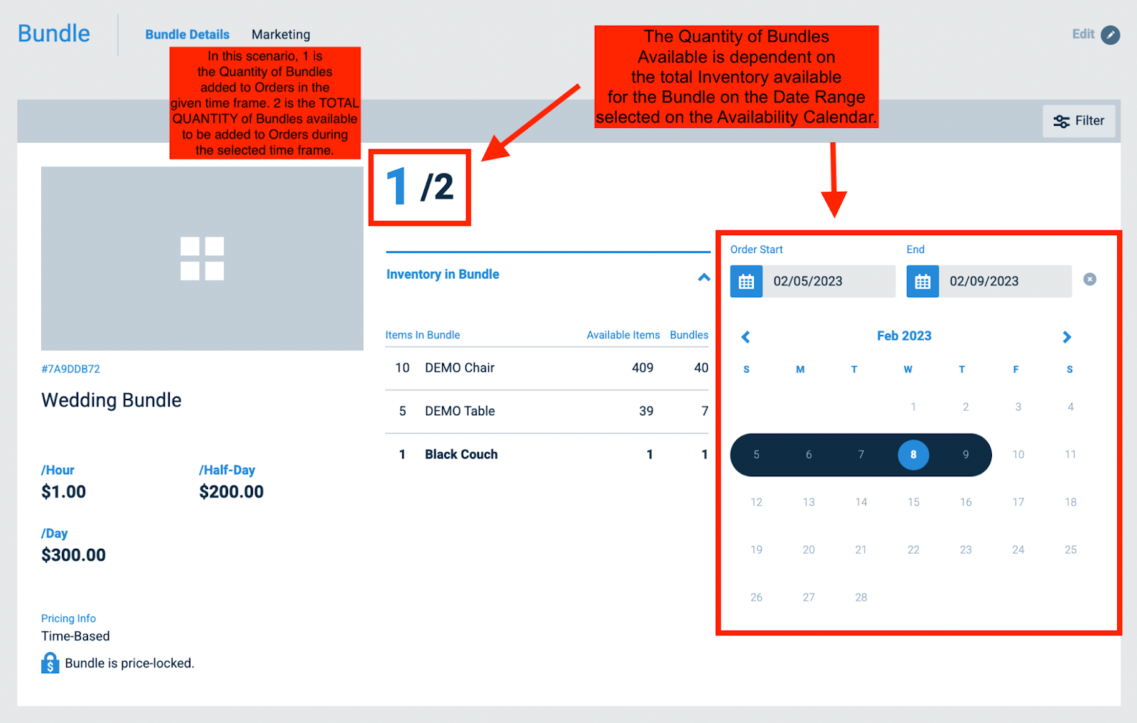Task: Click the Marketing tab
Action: [281, 34]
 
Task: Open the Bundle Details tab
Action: [187, 34]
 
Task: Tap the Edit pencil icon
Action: [1110, 35]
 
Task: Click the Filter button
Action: [1079, 121]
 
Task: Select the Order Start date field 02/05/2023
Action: [828, 282]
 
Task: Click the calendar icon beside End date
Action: [922, 282]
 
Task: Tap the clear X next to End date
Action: [1089, 279]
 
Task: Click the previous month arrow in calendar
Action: [745, 337]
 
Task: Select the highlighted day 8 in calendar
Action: [913, 454]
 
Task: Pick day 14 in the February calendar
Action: [861, 502]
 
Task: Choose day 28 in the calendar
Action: [861, 597]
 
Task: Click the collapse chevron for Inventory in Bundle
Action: [704, 277]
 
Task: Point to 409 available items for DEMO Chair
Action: [642, 368]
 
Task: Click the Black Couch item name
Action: [461, 454]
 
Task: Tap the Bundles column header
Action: [689, 335]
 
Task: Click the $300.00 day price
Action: [73, 555]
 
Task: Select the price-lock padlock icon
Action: [50, 663]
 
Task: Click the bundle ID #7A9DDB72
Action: [70, 369]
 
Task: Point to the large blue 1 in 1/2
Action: [397, 186]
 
